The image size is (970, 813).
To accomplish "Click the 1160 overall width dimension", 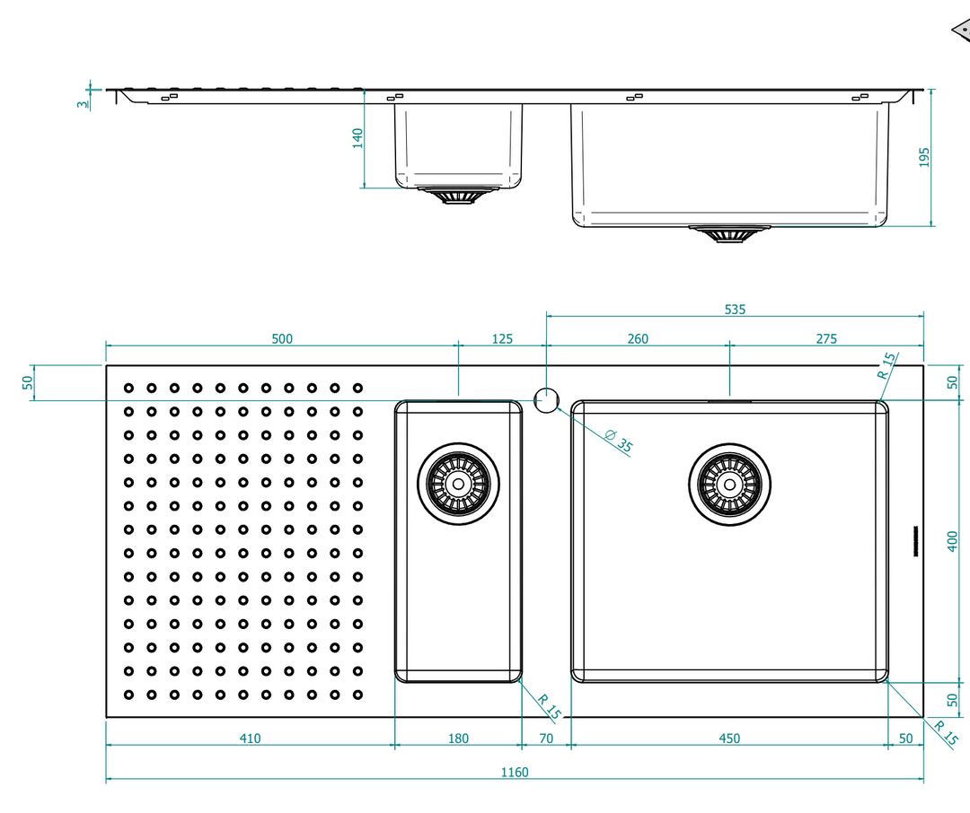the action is [514, 773].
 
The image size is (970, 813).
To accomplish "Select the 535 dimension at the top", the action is [735, 309].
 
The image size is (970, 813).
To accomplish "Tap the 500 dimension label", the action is [282, 339].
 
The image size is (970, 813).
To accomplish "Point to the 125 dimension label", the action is [502, 339].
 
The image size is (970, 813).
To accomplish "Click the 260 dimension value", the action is [638, 339].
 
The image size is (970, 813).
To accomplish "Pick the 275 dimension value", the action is [826, 339].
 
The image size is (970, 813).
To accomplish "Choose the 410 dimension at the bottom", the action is [250, 739].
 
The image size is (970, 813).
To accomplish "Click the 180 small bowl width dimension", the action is [458, 739].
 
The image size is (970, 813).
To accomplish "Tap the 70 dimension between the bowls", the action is [546, 739].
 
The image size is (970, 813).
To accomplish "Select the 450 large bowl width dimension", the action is [729, 739].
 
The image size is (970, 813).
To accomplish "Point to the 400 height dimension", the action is [953, 541].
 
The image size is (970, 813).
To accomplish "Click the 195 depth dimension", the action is [924, 157].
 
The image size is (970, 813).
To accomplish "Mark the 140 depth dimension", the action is [357, 138].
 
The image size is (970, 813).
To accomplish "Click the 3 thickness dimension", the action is [83, 104].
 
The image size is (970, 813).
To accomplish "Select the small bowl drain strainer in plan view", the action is [458, 484].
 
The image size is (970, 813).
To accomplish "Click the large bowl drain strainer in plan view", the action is [730, 485].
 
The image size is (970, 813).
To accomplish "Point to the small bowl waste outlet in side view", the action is [458, 196].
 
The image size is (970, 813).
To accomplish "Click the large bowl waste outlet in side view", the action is [730, 233].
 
